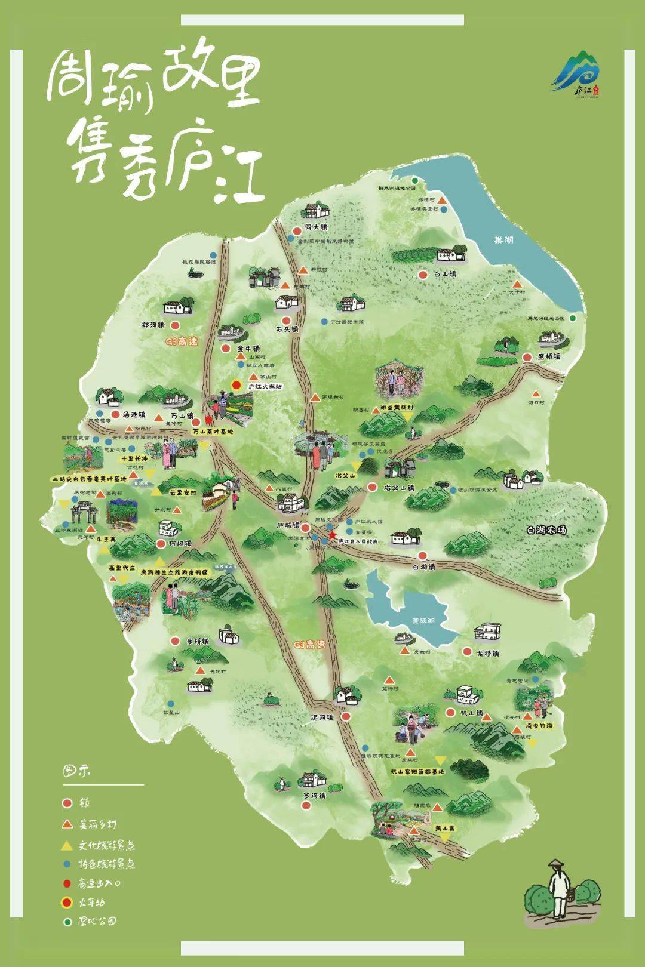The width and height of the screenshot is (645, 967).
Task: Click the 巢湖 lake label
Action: [503, 240]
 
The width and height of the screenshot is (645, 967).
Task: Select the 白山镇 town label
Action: [446, 275]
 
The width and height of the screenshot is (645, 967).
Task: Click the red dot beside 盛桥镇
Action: [527, 357]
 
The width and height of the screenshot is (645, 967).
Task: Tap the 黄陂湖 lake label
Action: [423, 620]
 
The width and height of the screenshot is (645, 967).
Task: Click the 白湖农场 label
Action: [546, 530]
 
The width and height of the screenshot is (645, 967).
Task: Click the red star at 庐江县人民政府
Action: [332, 535]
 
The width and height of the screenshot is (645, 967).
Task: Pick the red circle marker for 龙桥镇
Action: [467, 653]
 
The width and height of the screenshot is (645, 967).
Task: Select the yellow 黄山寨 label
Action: [445, 829]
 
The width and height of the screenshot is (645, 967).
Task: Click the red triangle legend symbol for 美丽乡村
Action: [67, 824]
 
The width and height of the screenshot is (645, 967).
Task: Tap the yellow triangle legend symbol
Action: [67, 845]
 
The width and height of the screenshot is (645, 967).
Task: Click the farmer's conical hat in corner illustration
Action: [557, 864]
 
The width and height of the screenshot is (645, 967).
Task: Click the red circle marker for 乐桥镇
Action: [175, 641]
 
